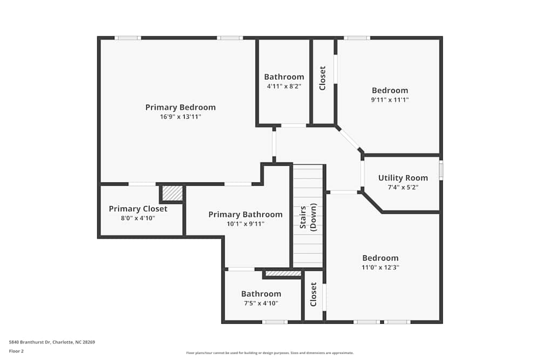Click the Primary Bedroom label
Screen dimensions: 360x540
(x=180, y=107)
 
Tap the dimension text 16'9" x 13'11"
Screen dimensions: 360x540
(x=180, y=117)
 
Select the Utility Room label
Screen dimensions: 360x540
(x=403, y=178)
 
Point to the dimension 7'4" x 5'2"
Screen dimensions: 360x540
(x=403, y=187)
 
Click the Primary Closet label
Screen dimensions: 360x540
(x=138, y=209)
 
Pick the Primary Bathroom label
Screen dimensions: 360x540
(x=245, y=214)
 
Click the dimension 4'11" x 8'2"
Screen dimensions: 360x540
(x=284, y=86)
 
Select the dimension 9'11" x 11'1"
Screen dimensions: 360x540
(x=390, y=99)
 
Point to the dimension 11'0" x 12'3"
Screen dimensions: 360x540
(x=380, y=267)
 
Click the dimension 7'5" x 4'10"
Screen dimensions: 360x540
(x=261, y=303)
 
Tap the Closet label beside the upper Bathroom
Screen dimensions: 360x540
(x=323, y=78)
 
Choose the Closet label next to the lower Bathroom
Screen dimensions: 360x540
(x=313, y=294)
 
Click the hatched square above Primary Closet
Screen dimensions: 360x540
(x=173, y=193)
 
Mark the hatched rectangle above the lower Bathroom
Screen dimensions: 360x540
(x=283, y=274)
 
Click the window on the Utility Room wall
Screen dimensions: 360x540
(x=441, y=171)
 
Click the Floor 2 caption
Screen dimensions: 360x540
(x=16, y=351)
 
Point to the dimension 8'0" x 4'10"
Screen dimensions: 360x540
(x=138, y=218)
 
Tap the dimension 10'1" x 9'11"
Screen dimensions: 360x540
(x=245, y=223)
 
